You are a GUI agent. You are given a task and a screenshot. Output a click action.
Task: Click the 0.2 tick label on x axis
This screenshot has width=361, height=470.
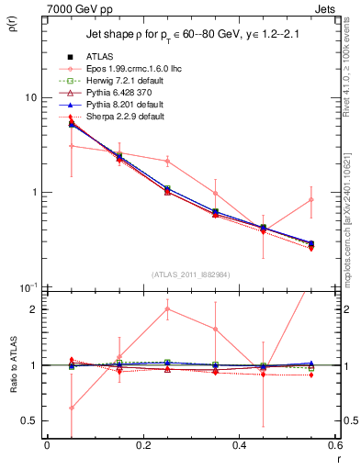142,446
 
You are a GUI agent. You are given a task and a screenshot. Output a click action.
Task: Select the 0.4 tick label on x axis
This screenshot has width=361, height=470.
239,446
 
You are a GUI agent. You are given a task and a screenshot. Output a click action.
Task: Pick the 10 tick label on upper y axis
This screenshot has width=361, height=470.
30,97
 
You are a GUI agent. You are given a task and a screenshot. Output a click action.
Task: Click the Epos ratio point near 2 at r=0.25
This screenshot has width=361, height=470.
166,308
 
